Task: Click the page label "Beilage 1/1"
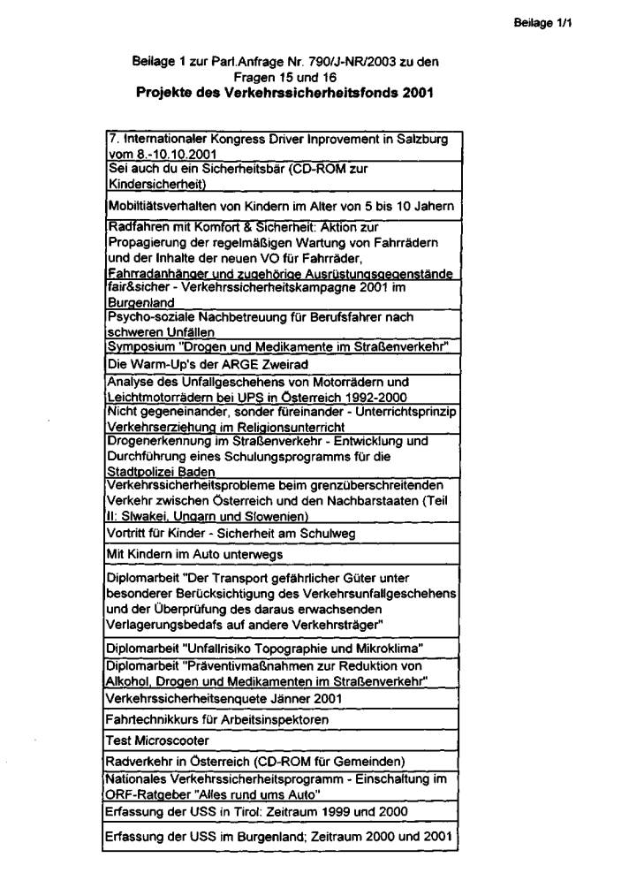[543, 24]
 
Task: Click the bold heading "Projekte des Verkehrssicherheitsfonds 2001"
[285, 92]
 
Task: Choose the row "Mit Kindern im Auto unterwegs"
[193, 554]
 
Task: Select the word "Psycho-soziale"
[143, 316]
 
